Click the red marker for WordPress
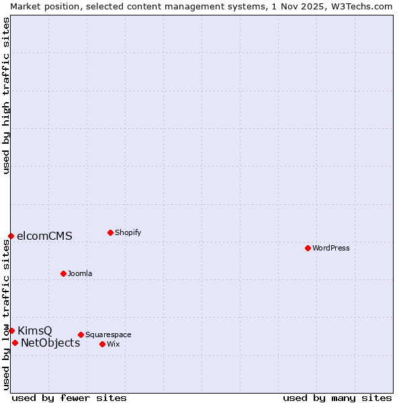[308, 248]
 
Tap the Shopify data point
[110, 232]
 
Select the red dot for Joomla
[63, 273]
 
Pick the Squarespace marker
[81, 334]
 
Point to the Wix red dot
[102, 344]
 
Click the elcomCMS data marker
[11, 236]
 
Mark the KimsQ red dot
[11, 330]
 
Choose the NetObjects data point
[15, 343]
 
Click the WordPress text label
[331, 248]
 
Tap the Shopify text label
[128, 232]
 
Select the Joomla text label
[80, 273]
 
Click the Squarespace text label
[108, 334]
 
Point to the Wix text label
[114, 344]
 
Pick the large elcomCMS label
[44, 236]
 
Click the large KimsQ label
[35, 330]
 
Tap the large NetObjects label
[50, 343]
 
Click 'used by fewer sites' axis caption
[69, 398]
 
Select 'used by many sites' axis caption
[337, 398]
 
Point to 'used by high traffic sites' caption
[6, 96]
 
